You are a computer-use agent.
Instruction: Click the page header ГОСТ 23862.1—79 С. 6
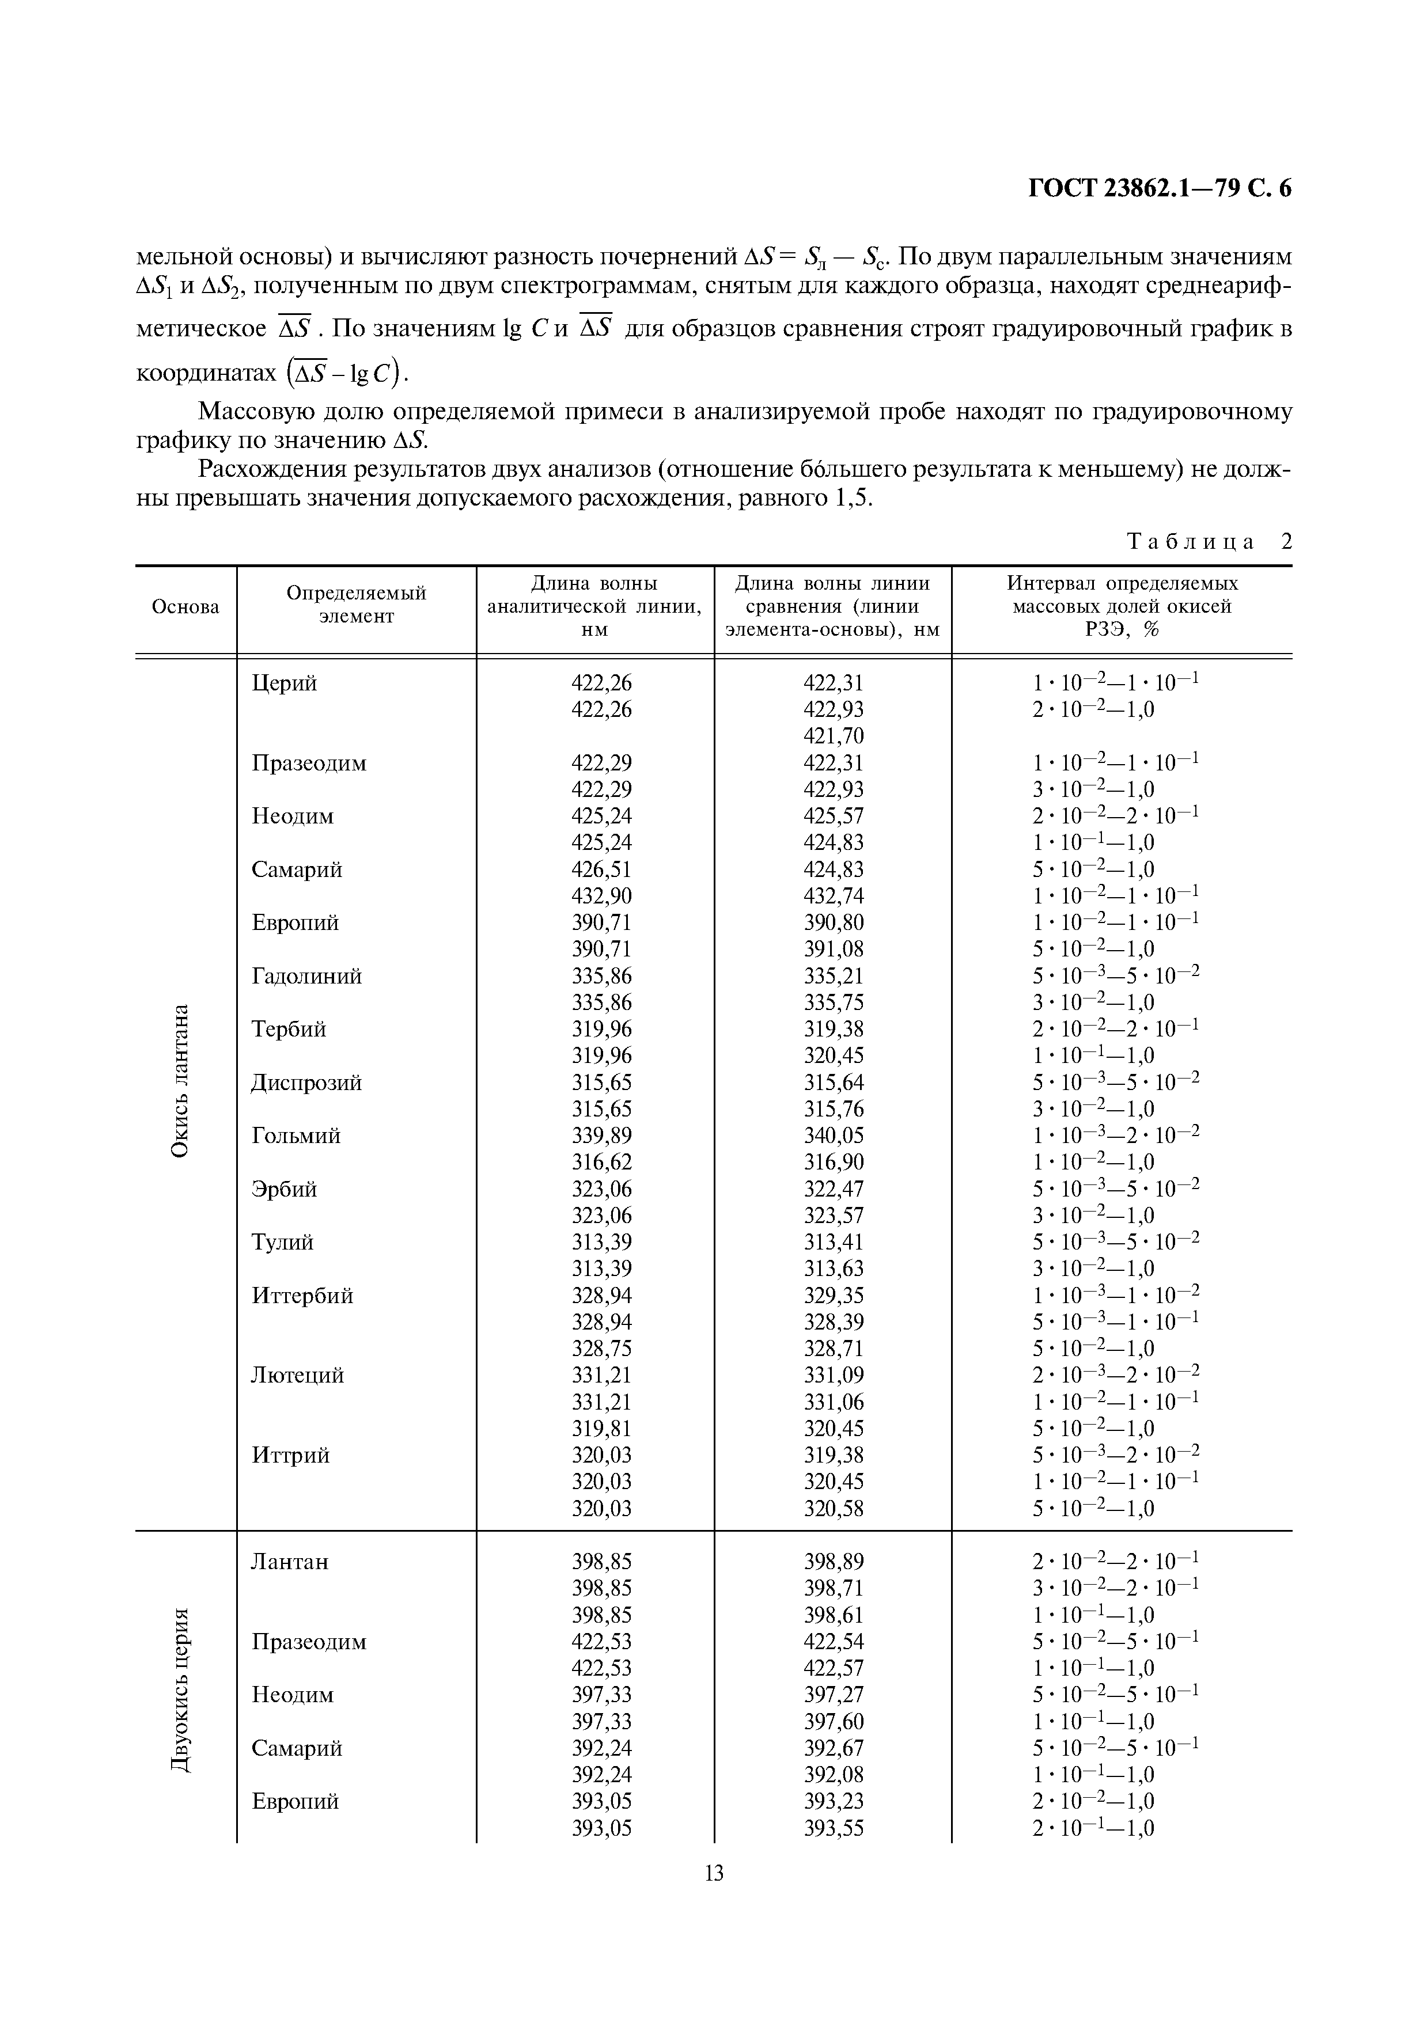(x=1159, y=189)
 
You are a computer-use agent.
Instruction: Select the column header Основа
(x=185, y=607)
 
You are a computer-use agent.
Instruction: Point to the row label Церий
(x=284, y=683)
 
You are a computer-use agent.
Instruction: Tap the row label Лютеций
(x=297, y=1375)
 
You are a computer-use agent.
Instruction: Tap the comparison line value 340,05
(x=833, y=1135)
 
